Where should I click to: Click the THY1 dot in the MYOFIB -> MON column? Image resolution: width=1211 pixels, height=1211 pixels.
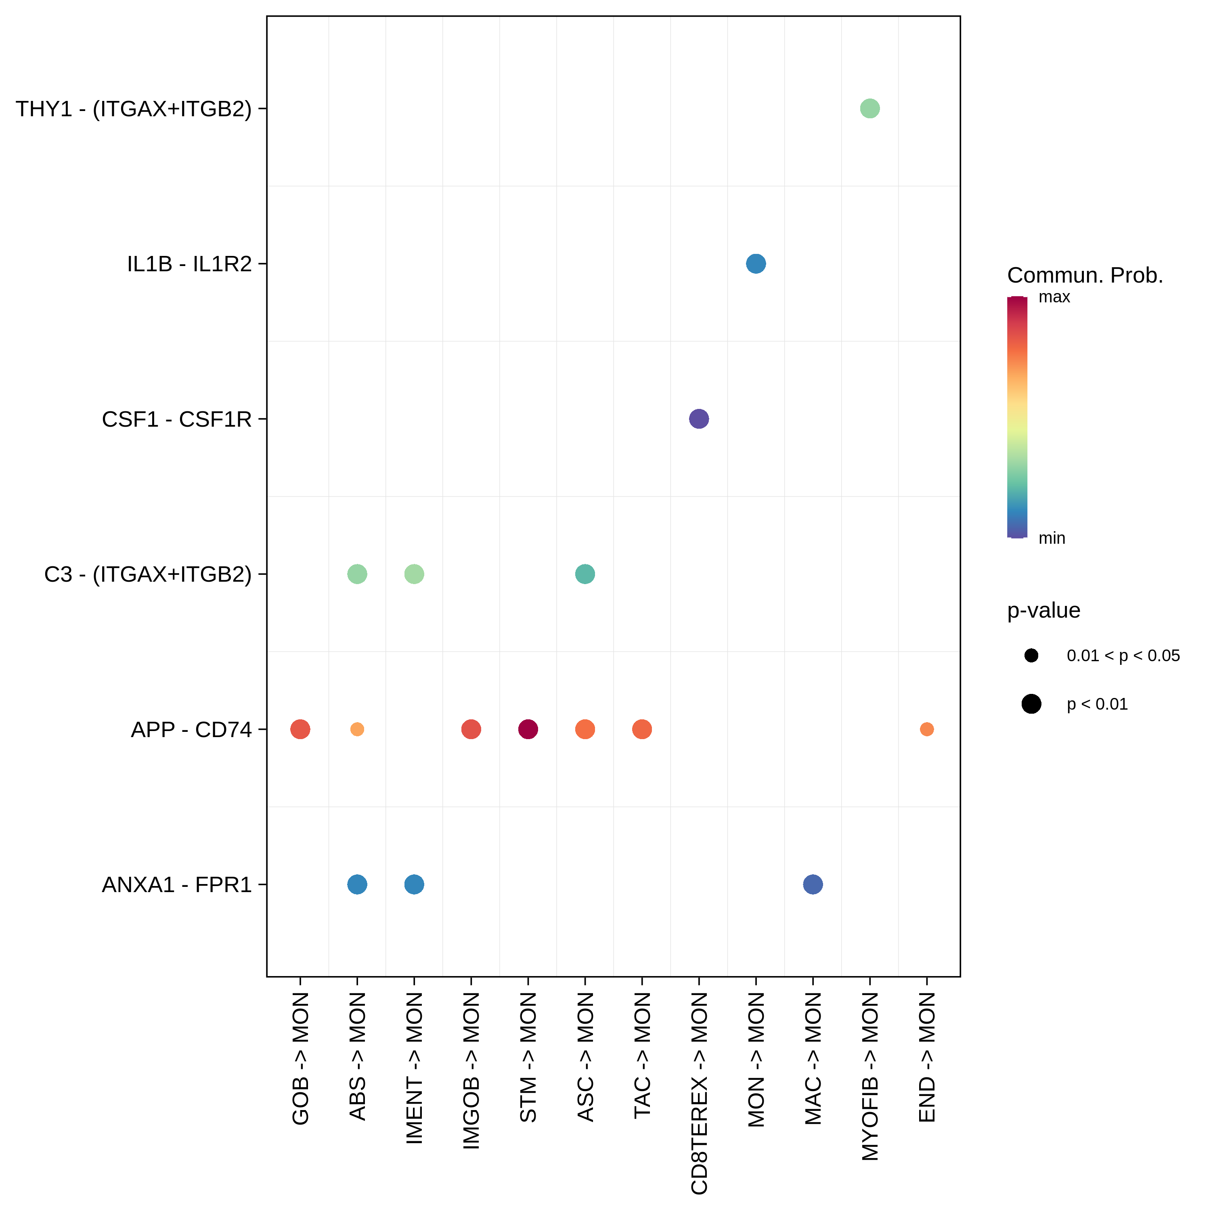tap(869, 109)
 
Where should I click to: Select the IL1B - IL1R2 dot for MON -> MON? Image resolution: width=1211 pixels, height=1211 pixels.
tap(756, 264)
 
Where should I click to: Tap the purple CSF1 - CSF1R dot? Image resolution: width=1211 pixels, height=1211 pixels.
tap(699, 419)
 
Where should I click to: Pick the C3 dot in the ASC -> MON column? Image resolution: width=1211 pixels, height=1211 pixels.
tap(585, 574)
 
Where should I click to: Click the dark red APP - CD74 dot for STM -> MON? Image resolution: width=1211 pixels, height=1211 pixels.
tap(528, 729)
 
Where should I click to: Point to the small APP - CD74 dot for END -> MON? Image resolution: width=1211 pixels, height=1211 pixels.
tap(926, 729)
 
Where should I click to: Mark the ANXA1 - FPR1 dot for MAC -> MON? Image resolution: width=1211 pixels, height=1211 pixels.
tap(812, 884)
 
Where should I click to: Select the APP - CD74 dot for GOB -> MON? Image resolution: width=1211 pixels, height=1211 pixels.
tap(300, 729)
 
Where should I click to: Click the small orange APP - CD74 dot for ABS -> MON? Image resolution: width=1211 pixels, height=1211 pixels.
tap(357, 729)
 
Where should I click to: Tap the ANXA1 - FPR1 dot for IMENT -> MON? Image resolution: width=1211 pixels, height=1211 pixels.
tap(414, 884)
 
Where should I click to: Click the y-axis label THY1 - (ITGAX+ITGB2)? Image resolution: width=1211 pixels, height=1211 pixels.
tap(134, 109)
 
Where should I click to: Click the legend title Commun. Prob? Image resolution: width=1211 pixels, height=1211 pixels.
tap(1084, 275)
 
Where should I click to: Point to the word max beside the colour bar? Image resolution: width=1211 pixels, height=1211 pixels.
tap(1054, 297)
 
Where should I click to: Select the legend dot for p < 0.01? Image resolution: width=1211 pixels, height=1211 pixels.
tap(1031, 704)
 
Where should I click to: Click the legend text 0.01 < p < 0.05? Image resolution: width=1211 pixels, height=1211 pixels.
tap(1123, 656)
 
